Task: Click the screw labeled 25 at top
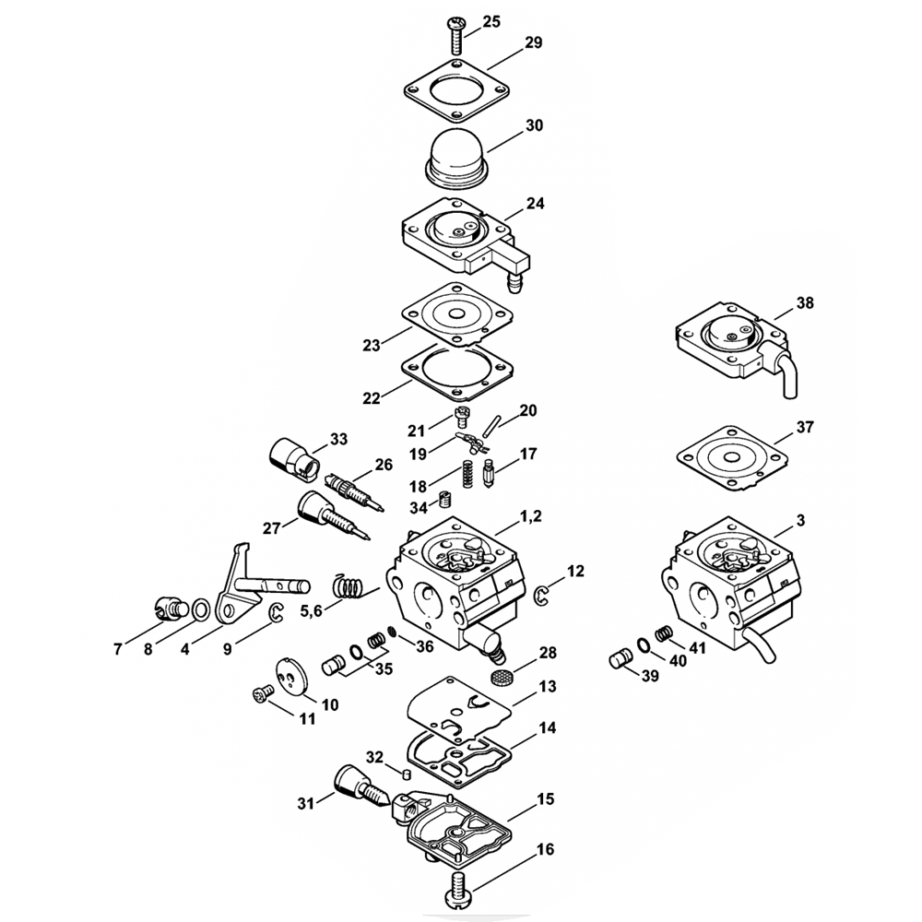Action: [x=456, y=33]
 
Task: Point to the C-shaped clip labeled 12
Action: [x=543, y=597]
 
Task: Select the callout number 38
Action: [x=805, y=301]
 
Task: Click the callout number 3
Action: [x=799, y=520]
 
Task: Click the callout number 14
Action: [x=548, y=728]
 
